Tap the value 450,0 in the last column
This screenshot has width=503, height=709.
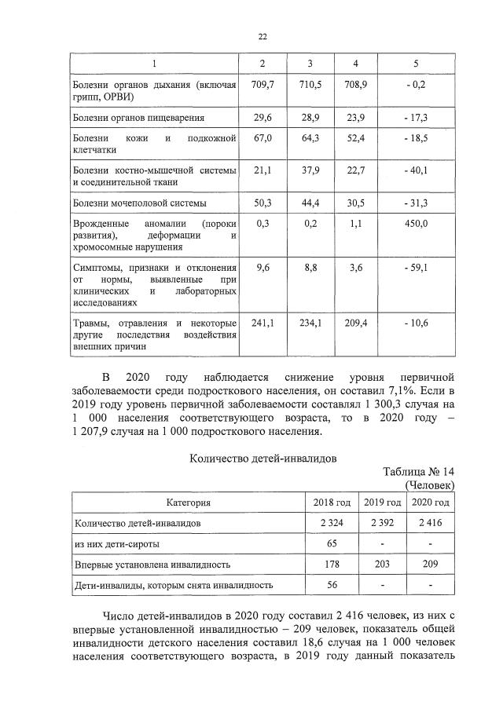[415, 224]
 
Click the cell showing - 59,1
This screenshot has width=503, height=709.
[415, 268]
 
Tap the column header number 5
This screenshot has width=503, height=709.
[415, 62]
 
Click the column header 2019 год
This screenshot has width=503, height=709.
[380, 502]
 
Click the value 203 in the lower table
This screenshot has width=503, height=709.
[380, 564]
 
